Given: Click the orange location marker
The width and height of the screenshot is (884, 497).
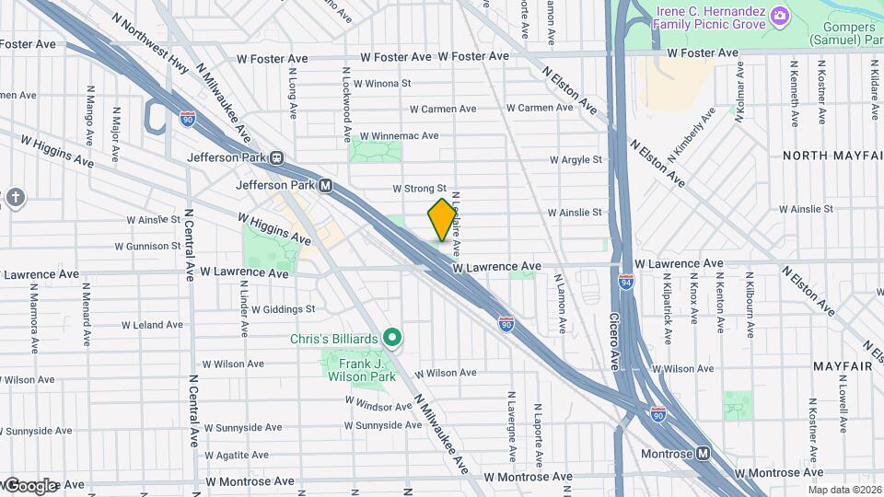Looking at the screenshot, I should pos(442,220).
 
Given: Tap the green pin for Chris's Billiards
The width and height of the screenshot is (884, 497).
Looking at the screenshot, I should pos(392,339).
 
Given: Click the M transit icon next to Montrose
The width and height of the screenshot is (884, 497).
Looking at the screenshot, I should pos(704,454).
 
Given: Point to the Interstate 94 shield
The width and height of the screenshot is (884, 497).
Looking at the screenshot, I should pos(625,280).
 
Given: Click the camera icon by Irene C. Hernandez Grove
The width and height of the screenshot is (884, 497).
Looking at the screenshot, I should pos(779,16).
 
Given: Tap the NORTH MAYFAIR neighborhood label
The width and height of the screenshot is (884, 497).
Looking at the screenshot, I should pos(832,156).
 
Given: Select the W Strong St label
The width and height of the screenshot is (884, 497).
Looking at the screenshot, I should pos(419,188).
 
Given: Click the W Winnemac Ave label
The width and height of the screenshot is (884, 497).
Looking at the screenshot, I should pos(399,135).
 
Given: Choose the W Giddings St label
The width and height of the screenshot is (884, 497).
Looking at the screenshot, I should pos(283,309).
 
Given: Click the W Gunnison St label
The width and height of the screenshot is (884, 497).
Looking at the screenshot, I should pos(147,247).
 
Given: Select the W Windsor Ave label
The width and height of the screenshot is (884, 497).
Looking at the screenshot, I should pos(378,404).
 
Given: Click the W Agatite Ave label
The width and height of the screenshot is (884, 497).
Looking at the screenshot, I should pos(237,455).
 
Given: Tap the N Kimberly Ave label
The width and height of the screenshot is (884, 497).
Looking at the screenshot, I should pos(692,134).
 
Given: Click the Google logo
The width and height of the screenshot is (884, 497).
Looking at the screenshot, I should pos(29,485).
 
